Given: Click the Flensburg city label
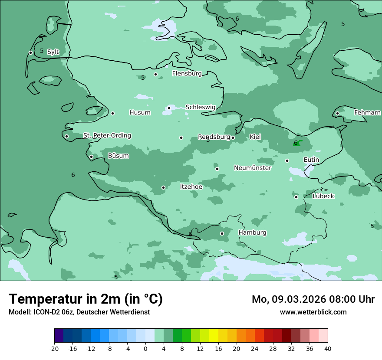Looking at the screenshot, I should click(187, 74).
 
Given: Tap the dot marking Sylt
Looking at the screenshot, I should click(30, 52).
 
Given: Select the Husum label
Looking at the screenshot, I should click(140, 113).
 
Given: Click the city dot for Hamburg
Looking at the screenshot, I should click(222, 233).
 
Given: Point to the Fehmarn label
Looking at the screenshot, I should click(367, 112).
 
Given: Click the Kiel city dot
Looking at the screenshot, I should click(233, 137).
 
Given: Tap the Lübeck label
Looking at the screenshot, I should click(323, 196).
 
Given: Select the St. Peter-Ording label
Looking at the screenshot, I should click(107, 136).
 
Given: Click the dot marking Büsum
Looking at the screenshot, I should click(91, 157).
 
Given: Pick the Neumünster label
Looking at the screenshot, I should click(252, 168).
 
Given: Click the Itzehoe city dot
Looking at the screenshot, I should click(163, 187).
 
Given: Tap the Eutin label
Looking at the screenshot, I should click(311, 160).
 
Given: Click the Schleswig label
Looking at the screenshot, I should click(200, 107).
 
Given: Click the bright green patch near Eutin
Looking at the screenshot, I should click(296, 144).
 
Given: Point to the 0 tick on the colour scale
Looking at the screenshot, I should click(145, 348).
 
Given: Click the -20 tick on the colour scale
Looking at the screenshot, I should click(54, 348).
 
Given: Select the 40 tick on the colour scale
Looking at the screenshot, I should click(328, 348).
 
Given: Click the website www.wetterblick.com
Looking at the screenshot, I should click(313, 312).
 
